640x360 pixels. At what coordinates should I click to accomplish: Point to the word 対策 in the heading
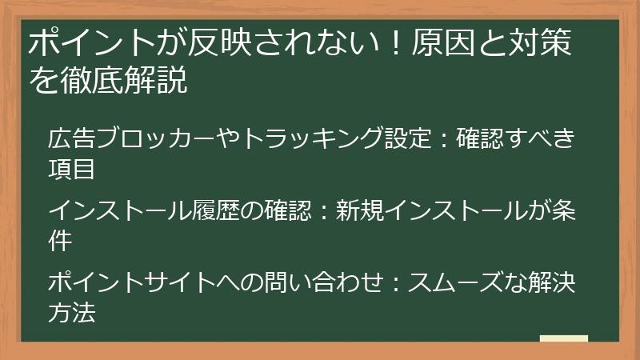coord(546,44)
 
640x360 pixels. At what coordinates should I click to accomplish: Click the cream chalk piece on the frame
coord(563,339)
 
